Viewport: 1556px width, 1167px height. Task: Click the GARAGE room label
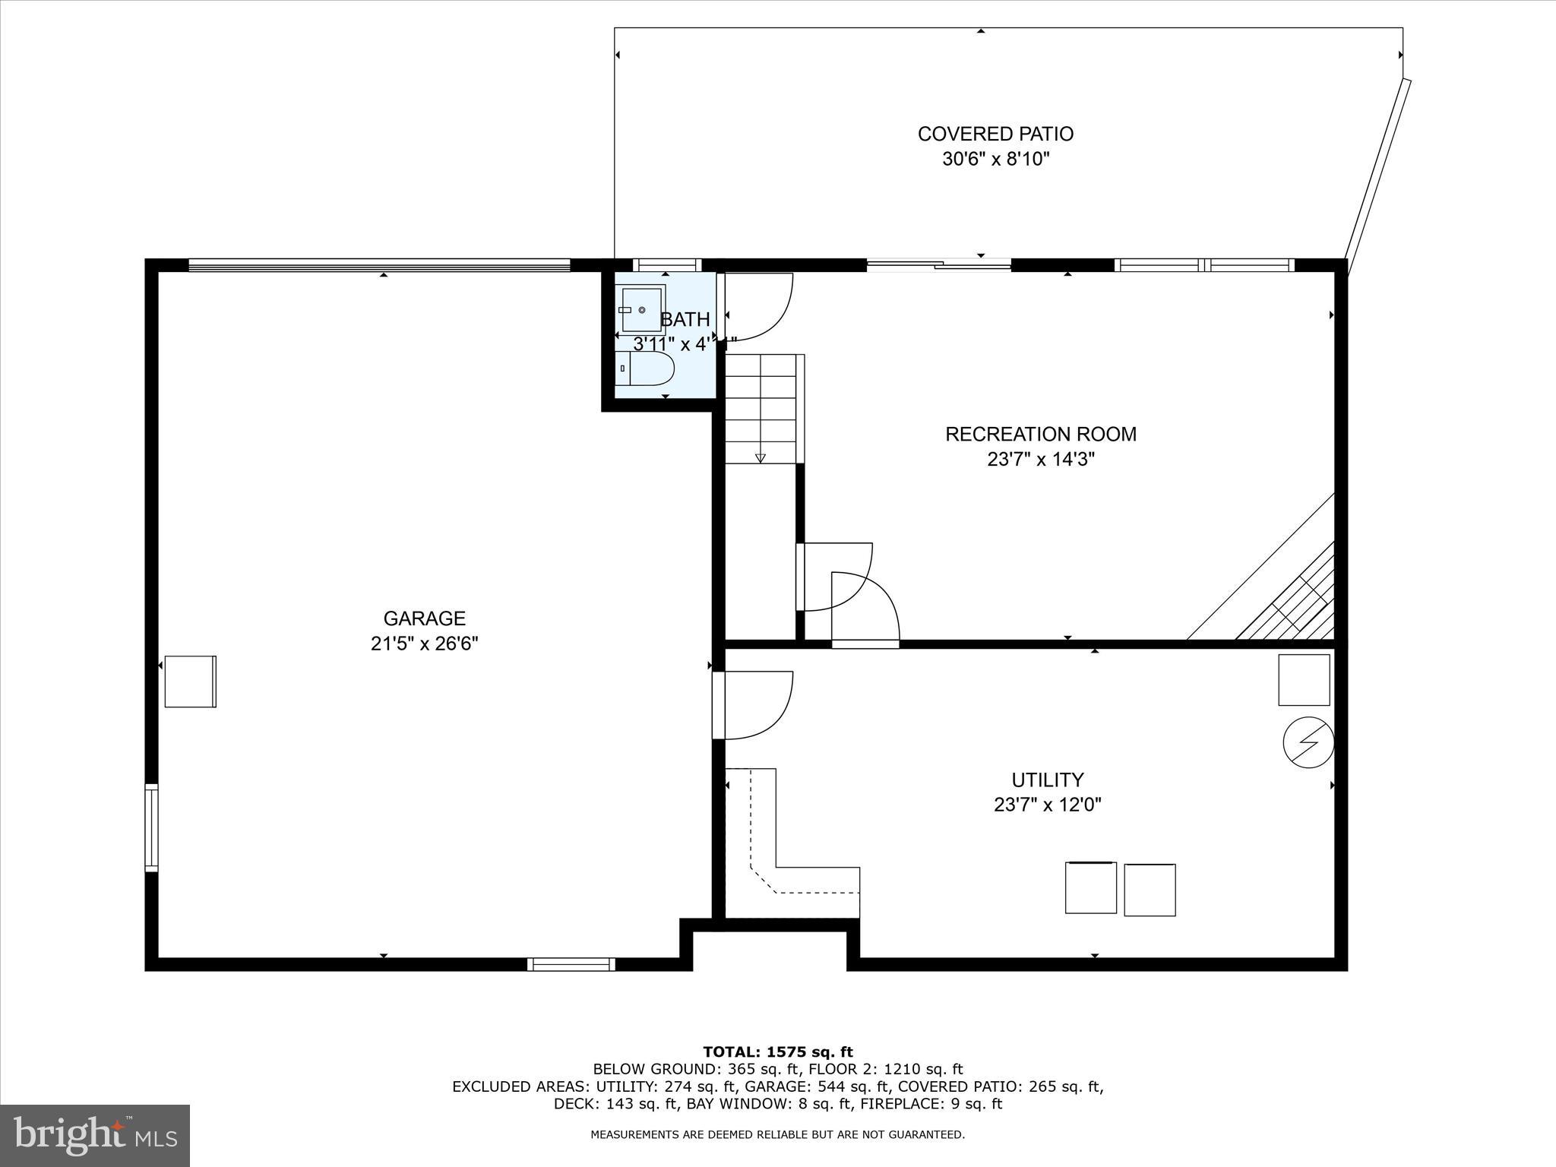424,618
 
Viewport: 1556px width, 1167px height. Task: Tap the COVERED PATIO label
995,134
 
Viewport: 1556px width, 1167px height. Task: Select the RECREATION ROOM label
1040,435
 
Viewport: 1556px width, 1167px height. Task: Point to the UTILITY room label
1047,780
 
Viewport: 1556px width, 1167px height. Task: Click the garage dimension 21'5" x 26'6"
424,644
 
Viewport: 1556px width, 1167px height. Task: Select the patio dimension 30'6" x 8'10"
995,160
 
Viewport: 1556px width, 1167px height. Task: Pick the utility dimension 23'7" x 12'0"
1047,805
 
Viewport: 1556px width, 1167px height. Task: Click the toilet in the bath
645,368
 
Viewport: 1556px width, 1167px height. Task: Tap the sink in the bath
643,309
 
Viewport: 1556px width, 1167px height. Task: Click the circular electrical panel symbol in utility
1308,742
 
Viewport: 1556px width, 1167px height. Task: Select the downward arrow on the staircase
760,457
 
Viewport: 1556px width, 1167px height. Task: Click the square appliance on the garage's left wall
190,682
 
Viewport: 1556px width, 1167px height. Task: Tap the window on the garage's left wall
152,827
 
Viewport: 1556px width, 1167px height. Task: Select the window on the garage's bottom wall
571,964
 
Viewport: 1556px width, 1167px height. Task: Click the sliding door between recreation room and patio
939,265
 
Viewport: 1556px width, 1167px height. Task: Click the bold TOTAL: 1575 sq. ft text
777,1052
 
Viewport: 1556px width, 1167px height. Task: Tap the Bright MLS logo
95,1136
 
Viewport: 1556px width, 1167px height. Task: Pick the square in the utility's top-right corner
1304,679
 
